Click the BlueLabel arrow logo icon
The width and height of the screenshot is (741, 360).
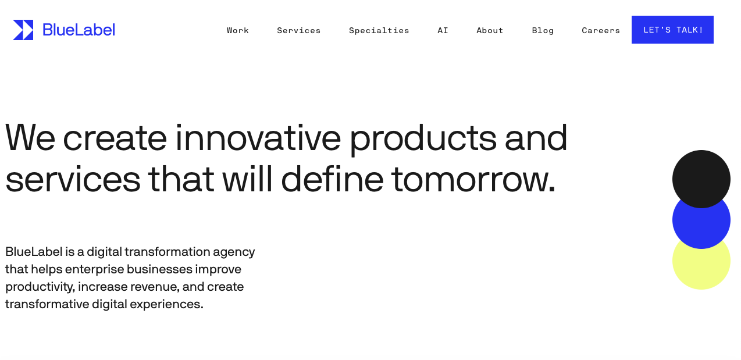pos(23,30)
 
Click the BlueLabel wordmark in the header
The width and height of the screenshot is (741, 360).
pos(79,30)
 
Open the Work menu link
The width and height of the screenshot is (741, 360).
pos(238,30)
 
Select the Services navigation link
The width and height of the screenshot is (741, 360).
pos(299,30)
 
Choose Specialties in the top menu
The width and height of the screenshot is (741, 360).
pos(379,30)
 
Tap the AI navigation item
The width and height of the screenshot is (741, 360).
pos(443,30)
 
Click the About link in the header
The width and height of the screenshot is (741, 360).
pos(490,30)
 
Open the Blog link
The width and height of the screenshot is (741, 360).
pos(543,30)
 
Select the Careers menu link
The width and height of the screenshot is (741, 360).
pos(601,30)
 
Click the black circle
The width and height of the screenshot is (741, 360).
pos(701,179)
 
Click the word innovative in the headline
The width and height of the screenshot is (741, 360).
pos(258,138)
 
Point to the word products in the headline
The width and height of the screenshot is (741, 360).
pos(423,139)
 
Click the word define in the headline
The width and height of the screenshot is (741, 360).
pos(333,179)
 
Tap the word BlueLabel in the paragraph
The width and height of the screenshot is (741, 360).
pos(34,252)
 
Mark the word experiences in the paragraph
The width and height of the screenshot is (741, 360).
pos(166,304)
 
